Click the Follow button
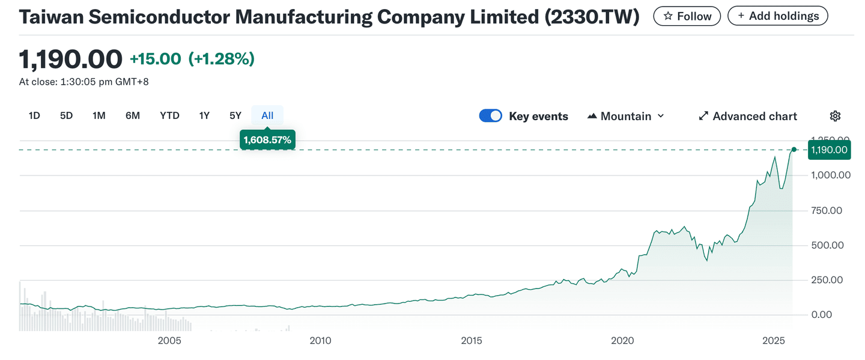(687, 16)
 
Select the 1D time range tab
(34, 115)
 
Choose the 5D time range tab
(66, 115)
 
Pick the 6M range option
(133, 115)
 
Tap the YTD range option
(169, 115)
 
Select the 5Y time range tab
(235, 115)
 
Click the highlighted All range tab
(267, 115)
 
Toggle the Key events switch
(490, 116)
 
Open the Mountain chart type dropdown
(626, 116)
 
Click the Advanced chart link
(748, 116)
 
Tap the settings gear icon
(835, 116)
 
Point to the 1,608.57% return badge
(267, 140)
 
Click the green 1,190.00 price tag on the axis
(830, 150)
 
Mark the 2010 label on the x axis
(320, 341)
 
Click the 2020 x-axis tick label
(623, 341)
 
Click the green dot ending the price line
(794, 150)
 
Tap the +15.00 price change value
(155, 59)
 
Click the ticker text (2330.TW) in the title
(592, 17)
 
